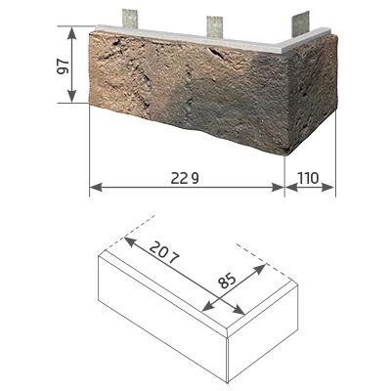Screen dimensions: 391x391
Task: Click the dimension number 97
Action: (63, 66)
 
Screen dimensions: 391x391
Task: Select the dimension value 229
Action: (185, 179)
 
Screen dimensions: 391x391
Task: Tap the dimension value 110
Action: (308, 178)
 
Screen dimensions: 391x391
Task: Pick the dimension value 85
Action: (227, 281)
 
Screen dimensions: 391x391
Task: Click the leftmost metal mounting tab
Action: (130, 19)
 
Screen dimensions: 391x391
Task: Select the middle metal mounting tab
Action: (214, 26)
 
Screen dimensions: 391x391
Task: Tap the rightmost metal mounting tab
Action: (300, 23)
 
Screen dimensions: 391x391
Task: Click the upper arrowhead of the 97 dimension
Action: (71, 33)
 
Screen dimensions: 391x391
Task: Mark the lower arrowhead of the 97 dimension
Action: (71, 96)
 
